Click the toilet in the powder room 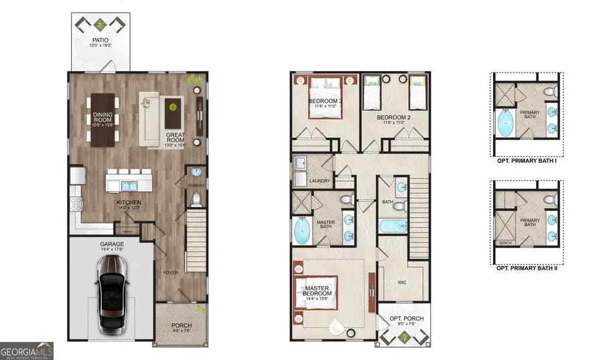[195, 199]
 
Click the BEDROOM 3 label [326, 102]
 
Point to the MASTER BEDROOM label [316, 291]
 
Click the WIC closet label [403, 282]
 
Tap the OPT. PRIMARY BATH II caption [527, 267]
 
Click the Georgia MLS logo [27, 350]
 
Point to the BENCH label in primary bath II [503, 243]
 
